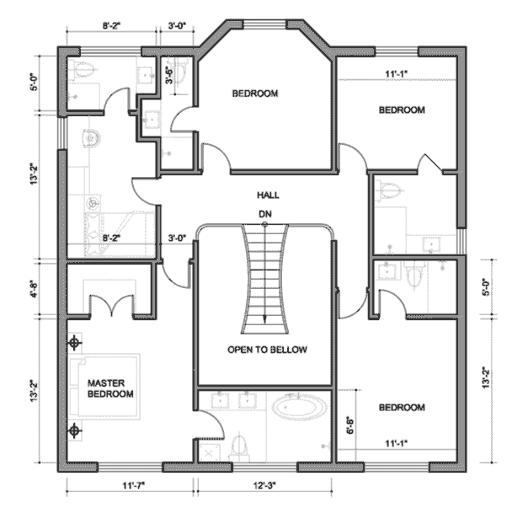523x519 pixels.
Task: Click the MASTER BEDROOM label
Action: (110, 388)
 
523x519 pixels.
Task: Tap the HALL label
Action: (268, 195)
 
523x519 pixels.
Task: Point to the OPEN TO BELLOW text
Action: (267, 350)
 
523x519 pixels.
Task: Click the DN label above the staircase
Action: (265, 214)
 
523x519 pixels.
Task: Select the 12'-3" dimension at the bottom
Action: (264, 485)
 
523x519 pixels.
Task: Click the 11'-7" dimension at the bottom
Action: (133, 485)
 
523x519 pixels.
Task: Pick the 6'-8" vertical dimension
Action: (350, 425)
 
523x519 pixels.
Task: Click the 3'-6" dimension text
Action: (170, 76)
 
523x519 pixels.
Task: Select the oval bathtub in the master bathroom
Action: (299, 406)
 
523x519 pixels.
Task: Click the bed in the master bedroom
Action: (104, 386)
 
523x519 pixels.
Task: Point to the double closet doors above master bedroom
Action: (112, 305)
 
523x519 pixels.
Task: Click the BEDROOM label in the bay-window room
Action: (255, 94)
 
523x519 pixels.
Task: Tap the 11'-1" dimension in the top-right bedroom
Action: (397, 74)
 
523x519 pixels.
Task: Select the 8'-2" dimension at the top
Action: (111, 26)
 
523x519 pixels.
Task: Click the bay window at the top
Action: (264, 24)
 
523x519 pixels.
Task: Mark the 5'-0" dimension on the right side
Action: (486, 287)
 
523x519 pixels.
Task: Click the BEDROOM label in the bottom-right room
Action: (402, 407)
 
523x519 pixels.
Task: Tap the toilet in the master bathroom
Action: (239, 445)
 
